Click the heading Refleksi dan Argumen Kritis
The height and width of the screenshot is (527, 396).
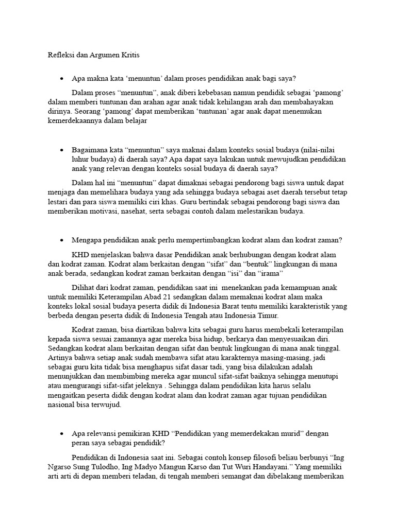(x=90, y=55)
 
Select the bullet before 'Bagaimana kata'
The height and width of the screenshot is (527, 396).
(x=61, y=150)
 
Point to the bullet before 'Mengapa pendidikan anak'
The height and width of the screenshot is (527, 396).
(x=61, y=240)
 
